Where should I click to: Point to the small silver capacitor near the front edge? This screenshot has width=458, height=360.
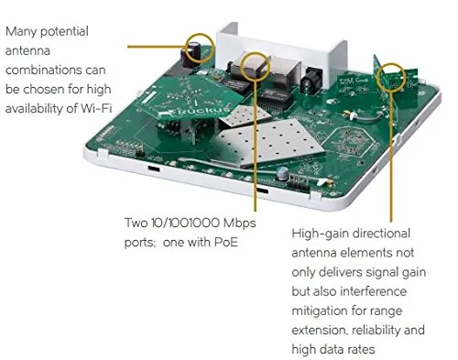(283, 174)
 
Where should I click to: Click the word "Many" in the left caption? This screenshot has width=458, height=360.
(21, 32)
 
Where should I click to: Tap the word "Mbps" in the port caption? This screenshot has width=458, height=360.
(239, 224)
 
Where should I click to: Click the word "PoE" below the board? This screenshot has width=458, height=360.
(225, 243)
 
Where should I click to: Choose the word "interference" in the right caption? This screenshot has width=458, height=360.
(373, 291)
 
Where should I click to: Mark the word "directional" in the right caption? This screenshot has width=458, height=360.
(381, 234)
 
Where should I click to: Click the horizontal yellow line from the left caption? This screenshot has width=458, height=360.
(157, 47)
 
